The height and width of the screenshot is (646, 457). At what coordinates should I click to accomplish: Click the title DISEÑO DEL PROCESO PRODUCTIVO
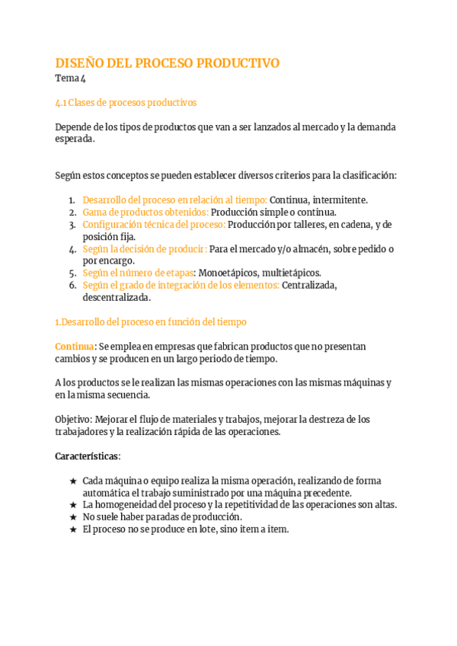coord(168,63)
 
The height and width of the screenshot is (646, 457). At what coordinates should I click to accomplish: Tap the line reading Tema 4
coord(70,78)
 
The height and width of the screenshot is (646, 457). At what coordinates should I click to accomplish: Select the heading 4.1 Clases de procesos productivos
coord(126,103)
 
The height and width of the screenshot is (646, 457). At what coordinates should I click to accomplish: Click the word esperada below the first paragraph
coord(75,139)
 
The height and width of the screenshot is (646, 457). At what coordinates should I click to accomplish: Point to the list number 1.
coord(72,200)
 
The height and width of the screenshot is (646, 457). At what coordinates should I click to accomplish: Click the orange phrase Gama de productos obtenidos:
coord(145,213)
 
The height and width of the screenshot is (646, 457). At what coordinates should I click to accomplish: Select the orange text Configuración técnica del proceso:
coord(153,225)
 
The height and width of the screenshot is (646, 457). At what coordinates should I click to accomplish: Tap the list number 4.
coord(72,249)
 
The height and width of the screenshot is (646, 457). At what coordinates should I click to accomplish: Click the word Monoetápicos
coord(226,273)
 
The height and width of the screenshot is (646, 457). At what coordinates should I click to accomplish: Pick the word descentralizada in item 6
coord(117,297)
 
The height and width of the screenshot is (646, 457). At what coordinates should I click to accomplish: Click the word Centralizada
coord(309,285)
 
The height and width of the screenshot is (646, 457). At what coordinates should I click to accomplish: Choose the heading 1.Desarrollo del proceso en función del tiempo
coord(151,322)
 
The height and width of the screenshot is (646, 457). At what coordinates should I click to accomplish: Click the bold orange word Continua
coord(75,347)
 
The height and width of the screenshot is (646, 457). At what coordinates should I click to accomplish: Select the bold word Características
coord(87,456)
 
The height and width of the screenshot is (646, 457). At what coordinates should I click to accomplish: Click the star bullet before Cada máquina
coord(72,481)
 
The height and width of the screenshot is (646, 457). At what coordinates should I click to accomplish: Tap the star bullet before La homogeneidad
coord(72,505)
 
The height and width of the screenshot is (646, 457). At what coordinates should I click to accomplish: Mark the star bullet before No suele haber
coord(72,517)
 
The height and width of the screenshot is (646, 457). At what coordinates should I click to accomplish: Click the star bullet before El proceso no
coord(72,529)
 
